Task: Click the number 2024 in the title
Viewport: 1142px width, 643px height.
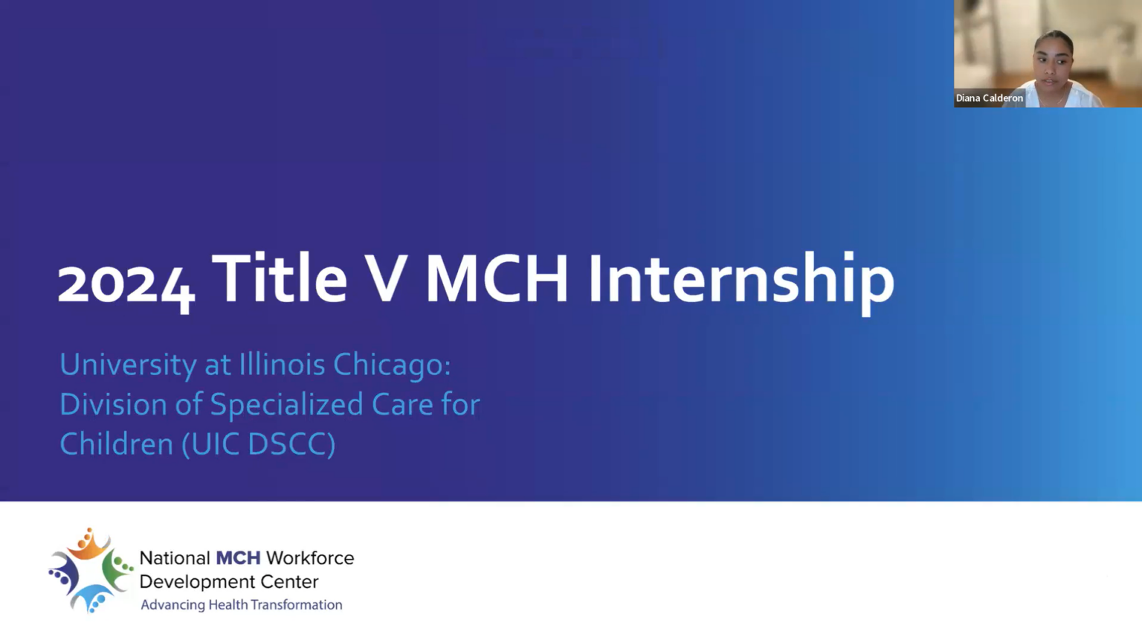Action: click(x=126, y=283)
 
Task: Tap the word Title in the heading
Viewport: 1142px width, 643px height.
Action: click(x=280, y=278)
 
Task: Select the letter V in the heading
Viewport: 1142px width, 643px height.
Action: click(x=385, y=278)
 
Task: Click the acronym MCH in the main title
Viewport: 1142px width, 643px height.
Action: click(x=497, y=278)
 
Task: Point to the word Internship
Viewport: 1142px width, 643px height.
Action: click(x=741, y=280)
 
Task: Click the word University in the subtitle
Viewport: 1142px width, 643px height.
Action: click(x=128, y=365)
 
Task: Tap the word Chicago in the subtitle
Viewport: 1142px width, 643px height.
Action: click(x=391, y=365)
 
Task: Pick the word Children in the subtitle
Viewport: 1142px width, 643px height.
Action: click(x=116, y=444)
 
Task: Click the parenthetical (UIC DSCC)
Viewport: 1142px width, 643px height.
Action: click(x=259, y=444)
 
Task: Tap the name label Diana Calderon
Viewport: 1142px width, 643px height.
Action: click(x=989, y=98)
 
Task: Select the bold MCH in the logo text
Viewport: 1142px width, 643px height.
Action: click(x=238, y=558)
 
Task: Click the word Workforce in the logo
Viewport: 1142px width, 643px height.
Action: click(x=310, y=558)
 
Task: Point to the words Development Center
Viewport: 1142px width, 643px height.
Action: click(x=229, y=581)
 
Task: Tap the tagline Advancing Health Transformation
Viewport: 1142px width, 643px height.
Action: click(x=242, y=605)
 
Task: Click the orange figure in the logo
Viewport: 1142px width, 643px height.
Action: click(x=88, y=545)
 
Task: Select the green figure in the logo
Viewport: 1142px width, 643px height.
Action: click(x=117, y=569)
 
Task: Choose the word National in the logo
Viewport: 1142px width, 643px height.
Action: click(x=175, y=558)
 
